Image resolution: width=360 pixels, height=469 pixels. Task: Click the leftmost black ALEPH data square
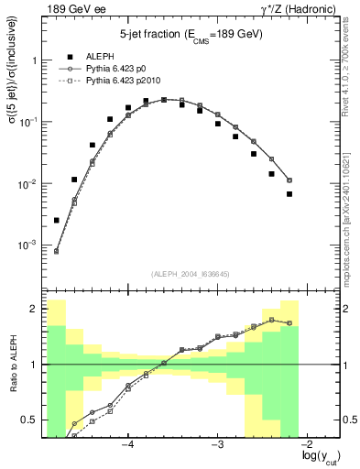[x=57, y=220]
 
